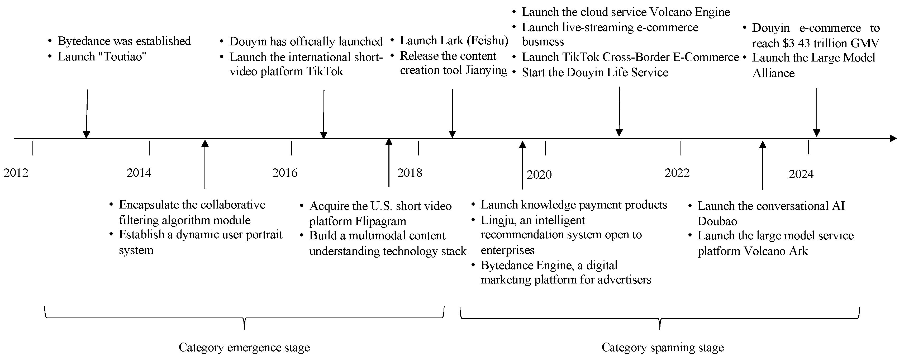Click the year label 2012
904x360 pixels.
click(16, 173)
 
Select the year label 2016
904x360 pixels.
click(285, 173)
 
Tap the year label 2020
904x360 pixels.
click(539, 175)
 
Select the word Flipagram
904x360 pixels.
click(380, 221)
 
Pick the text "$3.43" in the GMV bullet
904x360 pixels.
click(797, 44)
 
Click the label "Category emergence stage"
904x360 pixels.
click(244, 347)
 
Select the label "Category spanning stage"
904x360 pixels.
click(663, 347)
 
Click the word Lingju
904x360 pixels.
click(497, 221)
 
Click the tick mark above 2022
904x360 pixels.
click(681, 148)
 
